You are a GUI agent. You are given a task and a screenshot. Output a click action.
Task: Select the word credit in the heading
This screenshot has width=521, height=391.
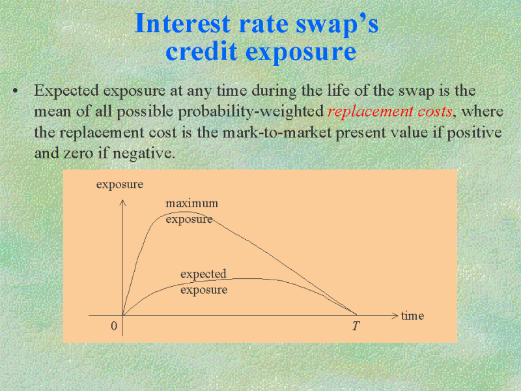[x=202, y=51]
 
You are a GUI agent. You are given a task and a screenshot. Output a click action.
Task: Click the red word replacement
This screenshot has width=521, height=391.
[x=371, y=111]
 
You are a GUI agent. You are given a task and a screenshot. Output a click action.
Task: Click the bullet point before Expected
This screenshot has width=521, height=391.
[x=15, y=91]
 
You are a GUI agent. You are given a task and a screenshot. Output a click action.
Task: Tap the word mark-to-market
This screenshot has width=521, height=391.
[x=277, y=132]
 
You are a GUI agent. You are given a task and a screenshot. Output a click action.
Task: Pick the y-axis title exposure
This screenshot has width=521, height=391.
[x=120, y=184]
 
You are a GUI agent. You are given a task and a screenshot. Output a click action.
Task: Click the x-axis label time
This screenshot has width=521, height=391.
[x=412, y=315]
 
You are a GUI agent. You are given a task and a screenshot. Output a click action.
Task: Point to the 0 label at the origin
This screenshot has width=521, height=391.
[x=114, y=326]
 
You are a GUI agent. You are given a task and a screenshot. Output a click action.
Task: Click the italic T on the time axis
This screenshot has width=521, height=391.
[x=356, y=326]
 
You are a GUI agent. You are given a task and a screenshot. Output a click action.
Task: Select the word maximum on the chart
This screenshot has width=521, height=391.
[x=191, y=203]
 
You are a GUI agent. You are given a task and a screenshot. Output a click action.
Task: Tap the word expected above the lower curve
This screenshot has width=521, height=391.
[x=203, y=274]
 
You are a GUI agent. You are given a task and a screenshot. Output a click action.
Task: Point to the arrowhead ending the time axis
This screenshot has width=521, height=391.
[x=395, y=315]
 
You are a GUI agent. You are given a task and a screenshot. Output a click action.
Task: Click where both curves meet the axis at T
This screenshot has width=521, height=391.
[x=356, y=315]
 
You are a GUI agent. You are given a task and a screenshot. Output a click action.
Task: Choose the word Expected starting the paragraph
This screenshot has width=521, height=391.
[x=66, y=91]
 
